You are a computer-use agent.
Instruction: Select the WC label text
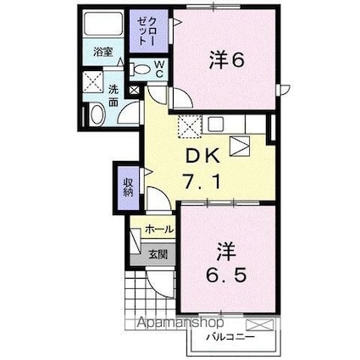(158, 71)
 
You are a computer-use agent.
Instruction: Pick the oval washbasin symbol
(96, 114)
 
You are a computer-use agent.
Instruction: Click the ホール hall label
(158, 230)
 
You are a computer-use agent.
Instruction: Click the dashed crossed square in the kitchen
(188, 126)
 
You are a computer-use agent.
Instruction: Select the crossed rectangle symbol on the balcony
(258, 324)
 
